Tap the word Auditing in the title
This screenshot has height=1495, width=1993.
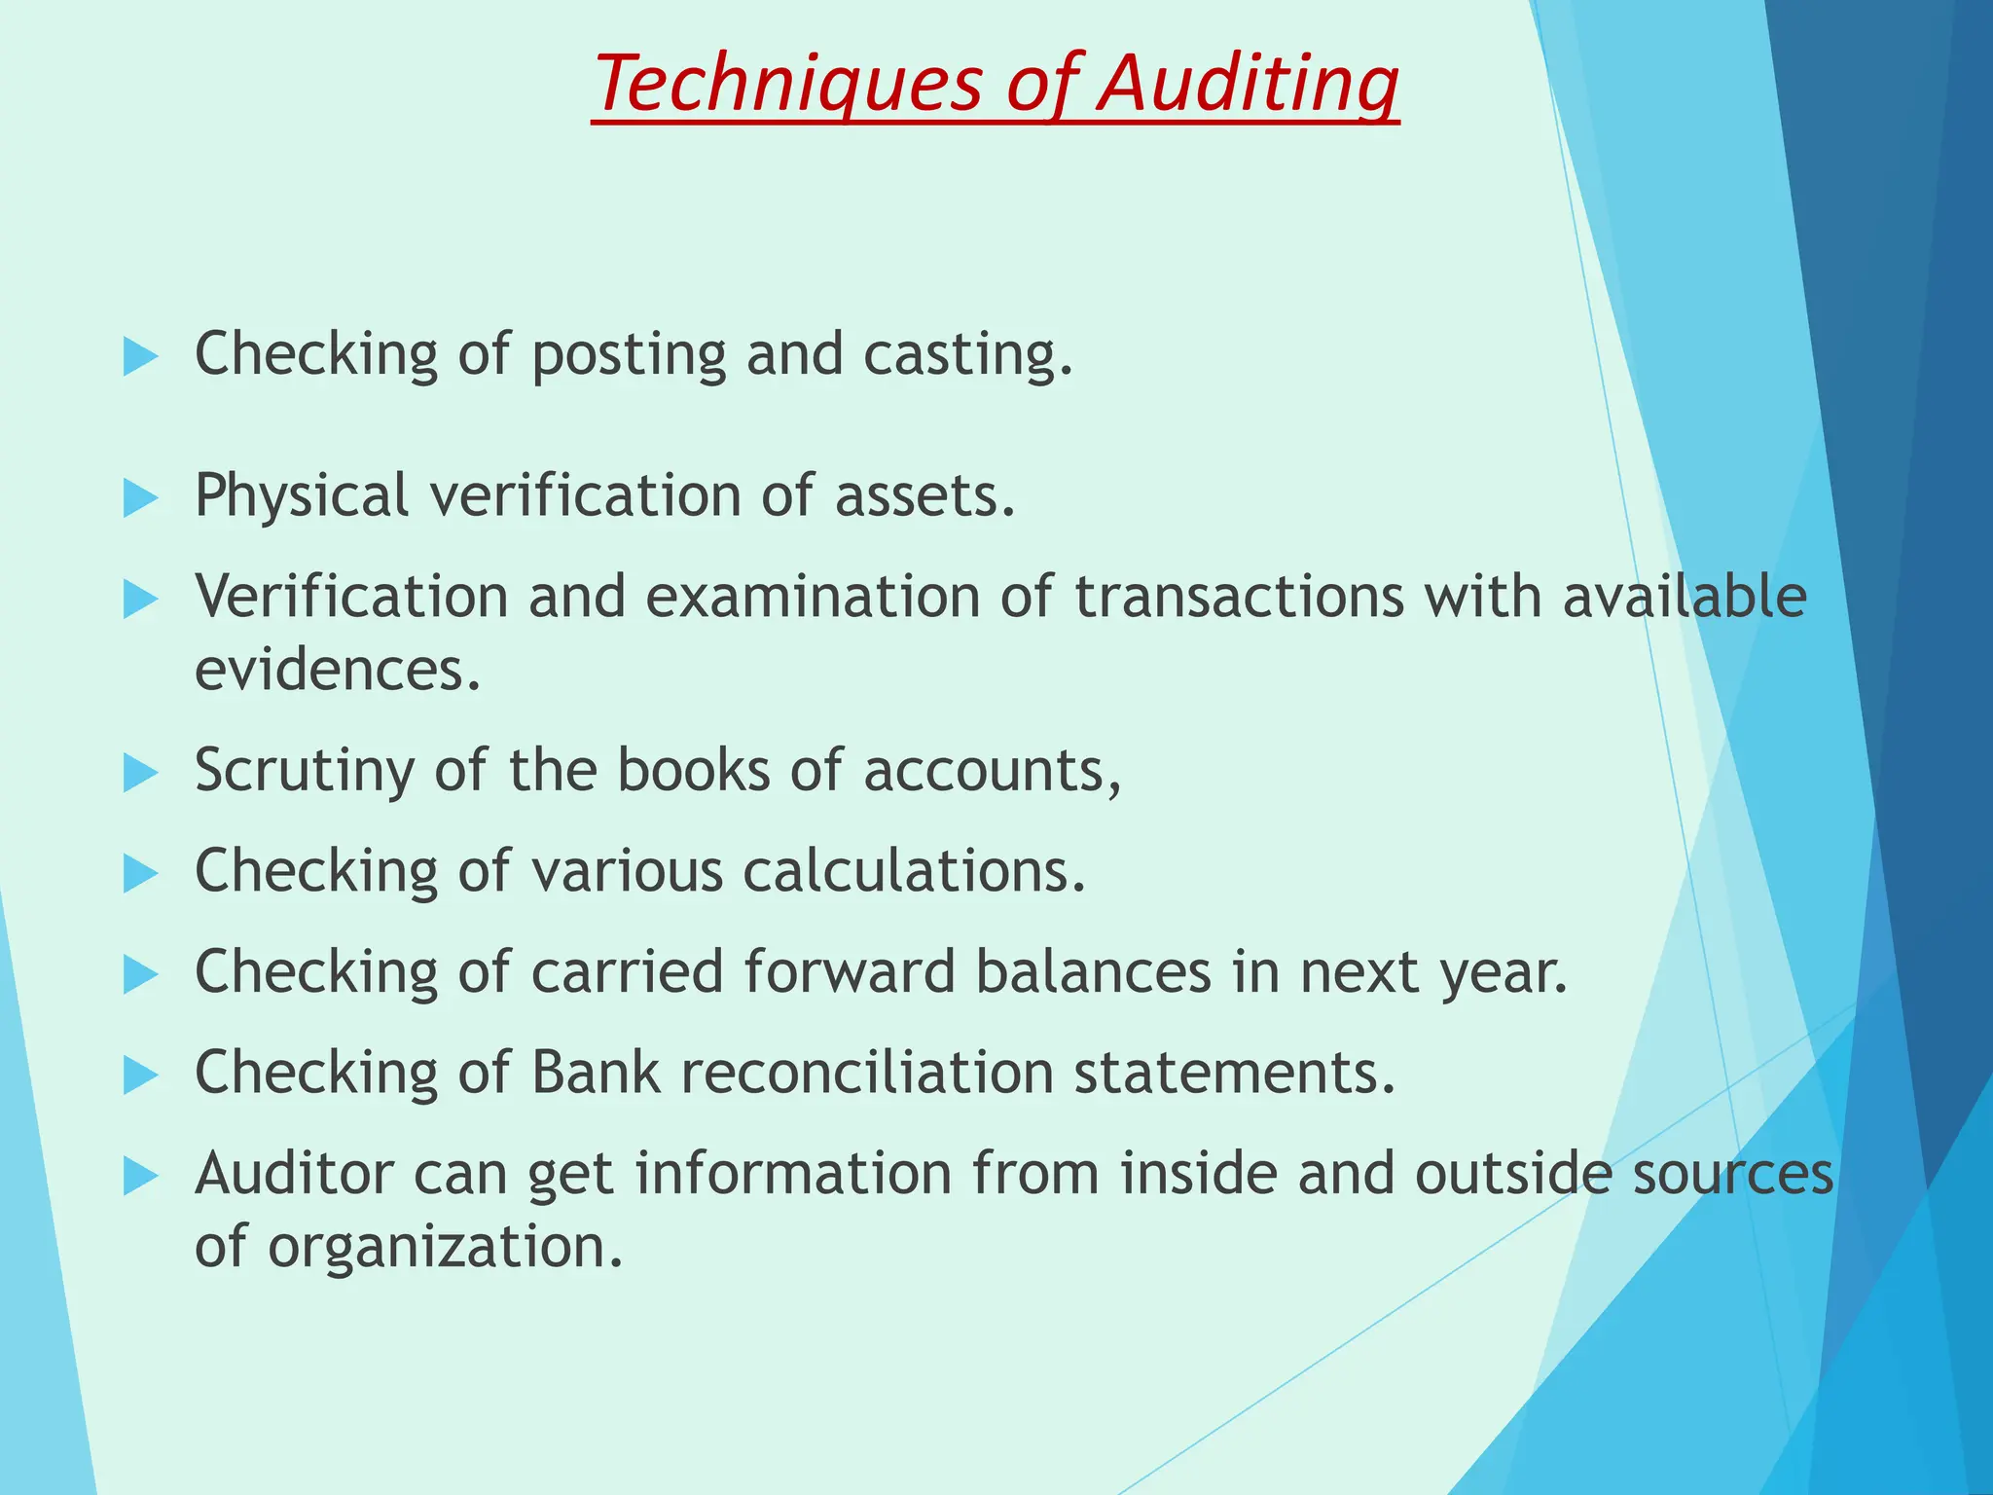1249,84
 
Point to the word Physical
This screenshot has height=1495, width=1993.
301,496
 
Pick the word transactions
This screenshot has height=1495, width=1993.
1240,597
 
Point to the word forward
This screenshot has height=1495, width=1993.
850,972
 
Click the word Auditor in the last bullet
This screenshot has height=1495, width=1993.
293,1174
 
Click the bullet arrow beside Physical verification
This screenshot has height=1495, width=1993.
140,499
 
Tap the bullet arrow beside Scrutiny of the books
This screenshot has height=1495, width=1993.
140,775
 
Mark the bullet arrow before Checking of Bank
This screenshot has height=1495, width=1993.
140,1076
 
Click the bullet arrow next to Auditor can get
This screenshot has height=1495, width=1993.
140,1178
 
